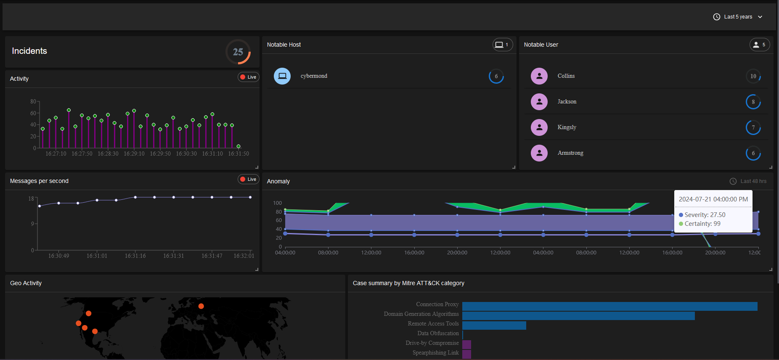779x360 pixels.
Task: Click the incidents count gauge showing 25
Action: [238, 52]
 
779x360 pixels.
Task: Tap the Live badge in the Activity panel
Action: [249, 77]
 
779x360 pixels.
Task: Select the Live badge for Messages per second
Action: [249, 179]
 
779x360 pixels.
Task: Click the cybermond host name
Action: [314, 76]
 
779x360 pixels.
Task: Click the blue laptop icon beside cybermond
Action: [282, 76]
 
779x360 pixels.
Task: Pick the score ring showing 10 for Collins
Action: [753, 76]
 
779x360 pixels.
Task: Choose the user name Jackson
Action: [567, 102]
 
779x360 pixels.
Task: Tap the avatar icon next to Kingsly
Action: [539, 127]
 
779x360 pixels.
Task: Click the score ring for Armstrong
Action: [753, 154]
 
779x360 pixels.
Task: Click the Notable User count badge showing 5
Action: [760, 45]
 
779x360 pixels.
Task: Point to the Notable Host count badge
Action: [503, 45]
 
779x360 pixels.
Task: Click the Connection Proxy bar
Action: [609, 306]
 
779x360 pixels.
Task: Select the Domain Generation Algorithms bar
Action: [578, 316]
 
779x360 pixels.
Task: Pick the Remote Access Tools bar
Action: [494, 326]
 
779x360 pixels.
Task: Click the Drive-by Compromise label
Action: [432, 343]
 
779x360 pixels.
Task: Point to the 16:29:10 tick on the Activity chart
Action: [134, 154]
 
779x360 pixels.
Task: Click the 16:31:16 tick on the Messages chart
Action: [135, 256]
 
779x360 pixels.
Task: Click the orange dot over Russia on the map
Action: [201, 306]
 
